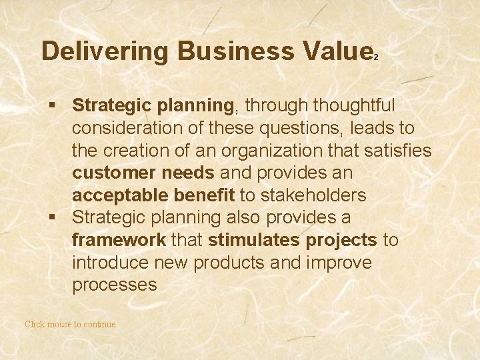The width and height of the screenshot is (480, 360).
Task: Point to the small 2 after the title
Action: [x=377, y=58]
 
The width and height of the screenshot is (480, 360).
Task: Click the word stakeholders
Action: [x=313, y=195]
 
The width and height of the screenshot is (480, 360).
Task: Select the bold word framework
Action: [x=119, y=241]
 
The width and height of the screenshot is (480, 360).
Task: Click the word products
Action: [x=235, y=263]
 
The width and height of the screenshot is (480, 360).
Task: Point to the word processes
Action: [x=115, y=285]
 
